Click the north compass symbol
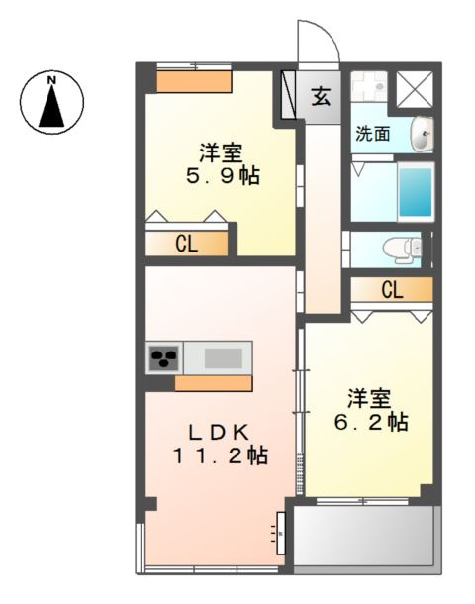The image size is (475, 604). click(x=52, y=99)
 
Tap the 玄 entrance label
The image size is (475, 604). click(x=322, y=96)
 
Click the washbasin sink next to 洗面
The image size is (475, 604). click(x=423, y=133)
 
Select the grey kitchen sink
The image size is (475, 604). click(x=222, y=356)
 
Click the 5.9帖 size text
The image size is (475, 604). click(x=224, y=177)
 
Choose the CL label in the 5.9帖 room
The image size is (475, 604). click(x=186, y=243)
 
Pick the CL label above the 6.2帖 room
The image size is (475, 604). click(x=392, y=290)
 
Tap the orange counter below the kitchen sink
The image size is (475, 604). click(x=213, y=383)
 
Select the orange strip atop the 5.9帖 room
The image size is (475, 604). click(x=194, y=81)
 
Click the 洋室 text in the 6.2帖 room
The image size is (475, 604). click(x=368, y=398)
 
